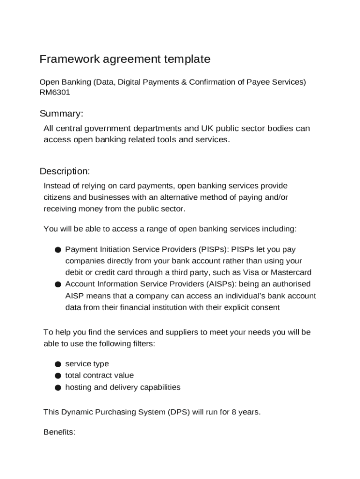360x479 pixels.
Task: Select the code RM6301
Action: (55, 92)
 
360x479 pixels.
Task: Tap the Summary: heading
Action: (61, 114)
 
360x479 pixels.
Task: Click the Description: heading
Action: (65, 171)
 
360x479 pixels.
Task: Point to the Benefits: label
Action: (59, 432)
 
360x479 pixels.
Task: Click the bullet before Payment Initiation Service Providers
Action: (58, 250)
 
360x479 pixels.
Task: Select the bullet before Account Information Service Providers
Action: (58, 284)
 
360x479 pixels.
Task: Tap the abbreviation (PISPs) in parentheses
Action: (214, 249)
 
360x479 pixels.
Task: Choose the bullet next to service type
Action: (58, 364)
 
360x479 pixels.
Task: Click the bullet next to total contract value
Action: (58, 376)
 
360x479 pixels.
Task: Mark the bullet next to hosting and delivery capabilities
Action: (58, 387)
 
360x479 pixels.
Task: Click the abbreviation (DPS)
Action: (178, 412)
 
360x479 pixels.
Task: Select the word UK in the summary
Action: (207, 128)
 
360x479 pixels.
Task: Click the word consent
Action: (266, 307)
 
